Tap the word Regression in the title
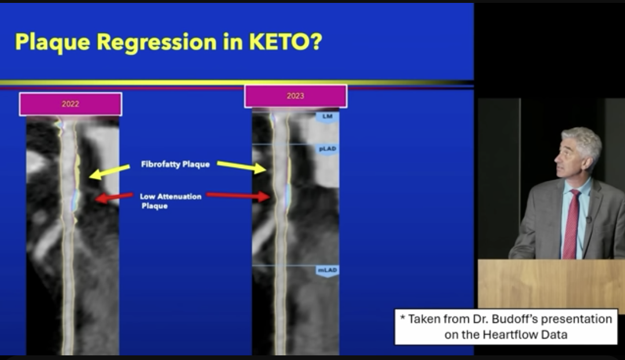click(156, 43)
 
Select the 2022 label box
click(71, 104)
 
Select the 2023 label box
click(295, 96)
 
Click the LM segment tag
click(327, 117)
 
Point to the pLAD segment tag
click(327, 149)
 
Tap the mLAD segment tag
click(327, 271)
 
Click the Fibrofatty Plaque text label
click(175, 165)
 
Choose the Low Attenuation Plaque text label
click(171, 201)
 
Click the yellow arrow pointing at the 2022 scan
click(109, 172)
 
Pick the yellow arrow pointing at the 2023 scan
click(241, 166)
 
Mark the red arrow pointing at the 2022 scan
click(114, 197)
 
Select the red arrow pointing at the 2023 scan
click(238, 195)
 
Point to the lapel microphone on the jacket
click(589, 219)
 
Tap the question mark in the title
click(316, 42)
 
